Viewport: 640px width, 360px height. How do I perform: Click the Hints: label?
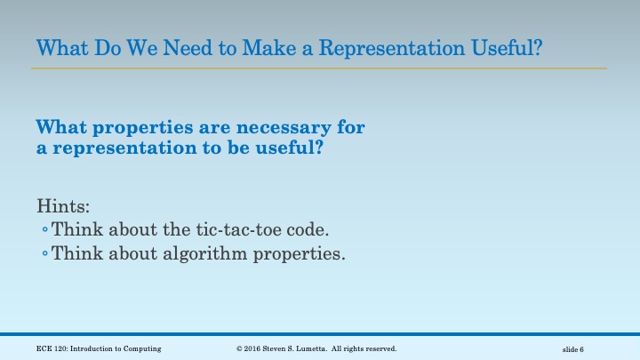59,206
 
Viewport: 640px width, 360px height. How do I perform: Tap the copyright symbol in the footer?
240,348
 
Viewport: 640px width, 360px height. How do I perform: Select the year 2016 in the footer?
254,348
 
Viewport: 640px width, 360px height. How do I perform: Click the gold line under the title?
320,68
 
